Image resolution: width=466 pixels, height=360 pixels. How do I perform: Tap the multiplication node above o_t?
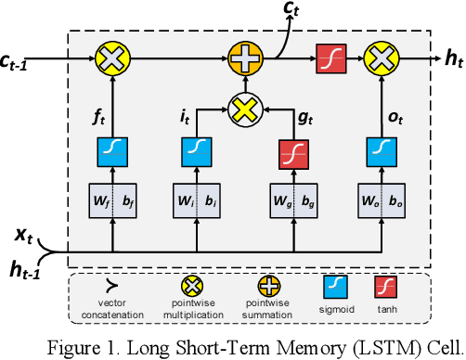(379, 60)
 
